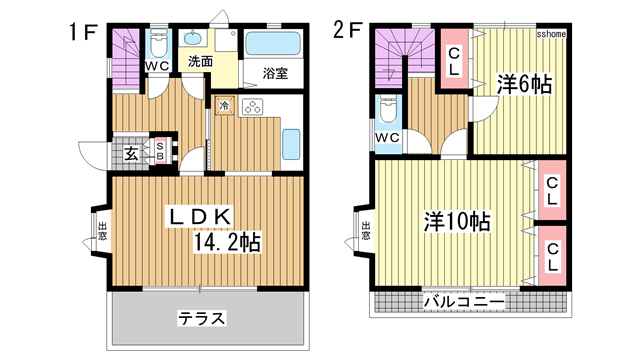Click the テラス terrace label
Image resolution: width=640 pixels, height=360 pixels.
pos(202,320)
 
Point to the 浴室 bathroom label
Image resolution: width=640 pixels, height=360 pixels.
pos(276,72)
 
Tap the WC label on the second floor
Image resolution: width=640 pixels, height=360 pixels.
pos(389,137)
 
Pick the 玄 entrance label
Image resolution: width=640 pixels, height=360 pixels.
pos(132,153)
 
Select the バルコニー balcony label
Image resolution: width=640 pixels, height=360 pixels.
pos(462,300)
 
